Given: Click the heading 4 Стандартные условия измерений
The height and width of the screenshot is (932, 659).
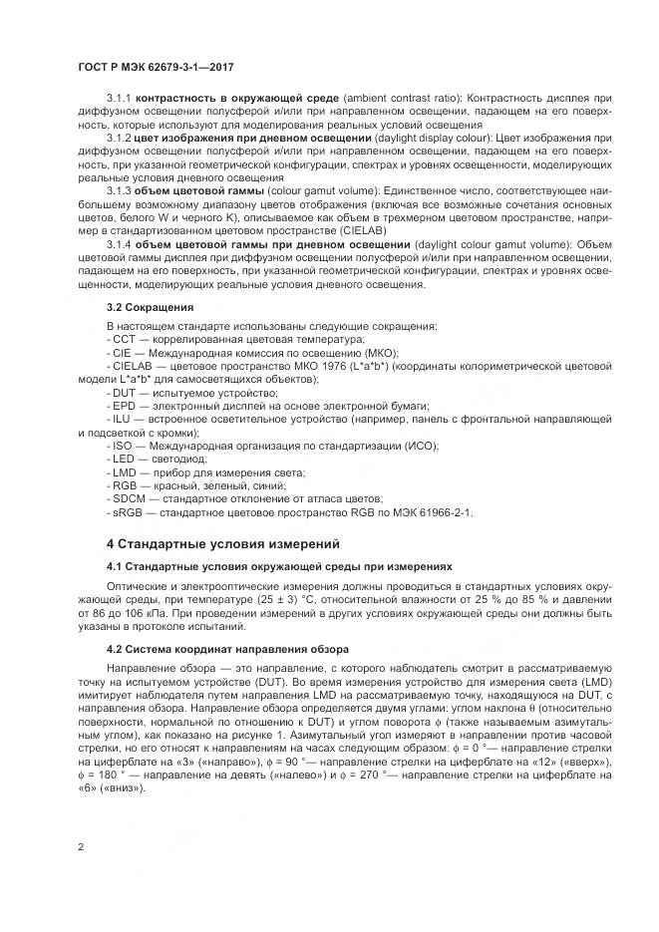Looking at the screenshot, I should (x=224, y=544).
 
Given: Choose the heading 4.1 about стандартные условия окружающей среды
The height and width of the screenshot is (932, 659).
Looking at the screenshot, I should (x=279, y=566).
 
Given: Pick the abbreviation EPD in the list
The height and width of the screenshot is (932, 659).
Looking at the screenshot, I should (x=125, y=407).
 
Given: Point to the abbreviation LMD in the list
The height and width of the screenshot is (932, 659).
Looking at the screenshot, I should (x=126, y=471).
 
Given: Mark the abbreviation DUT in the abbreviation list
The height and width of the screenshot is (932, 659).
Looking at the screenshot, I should (x=126, y=394).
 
